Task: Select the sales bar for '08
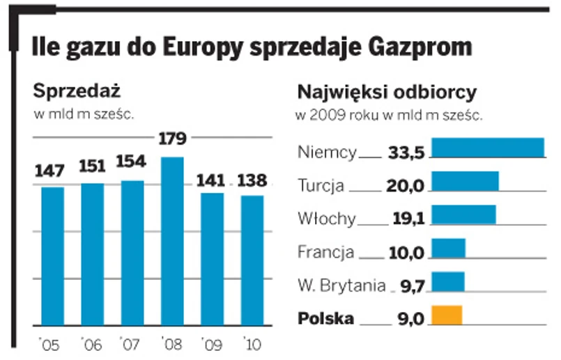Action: tap(171, 241)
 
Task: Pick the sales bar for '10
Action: tap(252, 260)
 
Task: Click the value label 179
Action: tap(172, 139)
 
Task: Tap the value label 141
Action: tap(211, 181)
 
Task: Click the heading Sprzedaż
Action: tap(77, 91)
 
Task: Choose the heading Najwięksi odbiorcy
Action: tap(387, 93)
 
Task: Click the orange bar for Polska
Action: tap(447, 315)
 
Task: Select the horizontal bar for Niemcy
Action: tap(488, 148)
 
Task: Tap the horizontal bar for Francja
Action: tap(449, 249)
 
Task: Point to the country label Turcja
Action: tap(321, 186)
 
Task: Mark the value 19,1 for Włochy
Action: tap(408, 219)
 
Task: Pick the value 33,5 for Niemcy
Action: tap(408, 153)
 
